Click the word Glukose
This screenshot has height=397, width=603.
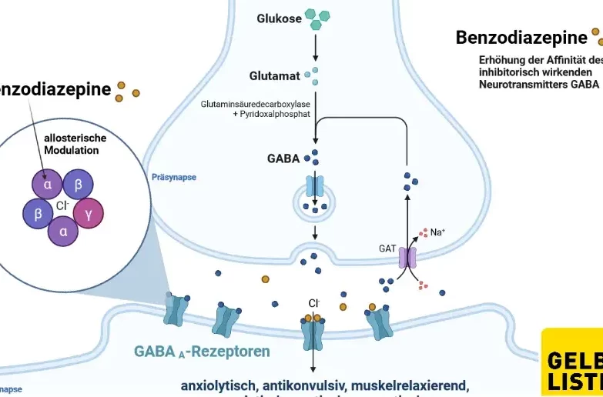tap(279, 19)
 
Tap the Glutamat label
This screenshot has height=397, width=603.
tap(273, 75)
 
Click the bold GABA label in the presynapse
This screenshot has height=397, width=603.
tap(283, 158)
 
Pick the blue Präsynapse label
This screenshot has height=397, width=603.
tap(174, 177)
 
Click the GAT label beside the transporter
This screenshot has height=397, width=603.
tap(387, 249)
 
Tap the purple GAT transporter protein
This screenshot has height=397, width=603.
tap(407, 257)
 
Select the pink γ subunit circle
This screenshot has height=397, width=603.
tap(88, 213)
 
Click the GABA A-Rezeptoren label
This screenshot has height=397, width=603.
tap(202, 352)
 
